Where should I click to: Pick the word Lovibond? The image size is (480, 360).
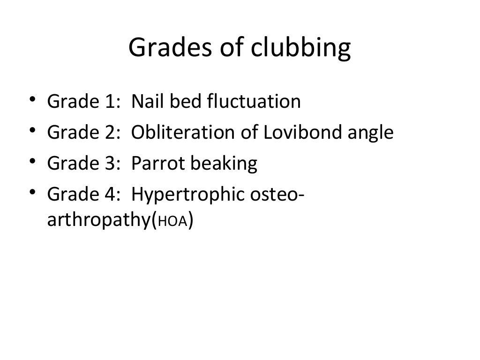(x=290, y=132)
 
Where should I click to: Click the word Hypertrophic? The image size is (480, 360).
(x=187, y=195)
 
